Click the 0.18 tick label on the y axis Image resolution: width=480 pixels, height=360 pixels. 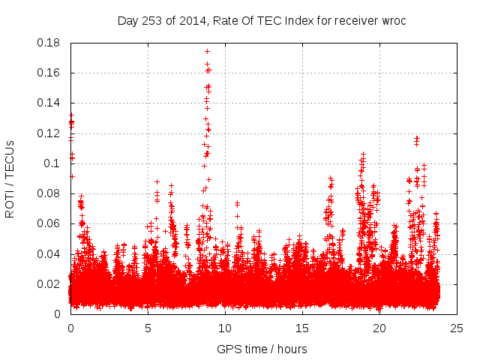pos(49,43)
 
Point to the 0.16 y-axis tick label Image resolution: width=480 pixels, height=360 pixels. pos(49,73)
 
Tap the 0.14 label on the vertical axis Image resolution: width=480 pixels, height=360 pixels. pos(49,103)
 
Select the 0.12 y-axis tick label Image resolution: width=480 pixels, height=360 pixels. pos(49,133)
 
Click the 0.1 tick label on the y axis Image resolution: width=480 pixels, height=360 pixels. pos(52,163)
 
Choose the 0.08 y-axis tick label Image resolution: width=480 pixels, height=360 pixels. pos(49,193)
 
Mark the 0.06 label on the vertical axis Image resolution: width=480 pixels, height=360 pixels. pos(49,223)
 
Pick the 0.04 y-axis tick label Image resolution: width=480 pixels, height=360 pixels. pos(49,253)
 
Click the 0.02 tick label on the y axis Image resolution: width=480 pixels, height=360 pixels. pos(49,284)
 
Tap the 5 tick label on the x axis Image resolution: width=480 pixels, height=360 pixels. pos(148,328)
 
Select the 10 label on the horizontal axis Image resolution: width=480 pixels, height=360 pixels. pos(225,328)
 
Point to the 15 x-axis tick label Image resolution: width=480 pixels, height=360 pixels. pos(302,328)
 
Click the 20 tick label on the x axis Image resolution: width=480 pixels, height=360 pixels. pos(379,328)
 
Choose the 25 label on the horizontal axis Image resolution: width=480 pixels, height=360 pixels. pos(457,328)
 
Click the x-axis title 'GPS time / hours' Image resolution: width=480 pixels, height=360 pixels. pos(262,349)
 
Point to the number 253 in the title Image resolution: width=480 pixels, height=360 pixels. pos(153,20)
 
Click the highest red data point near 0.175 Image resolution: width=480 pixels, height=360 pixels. pos(207,51)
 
